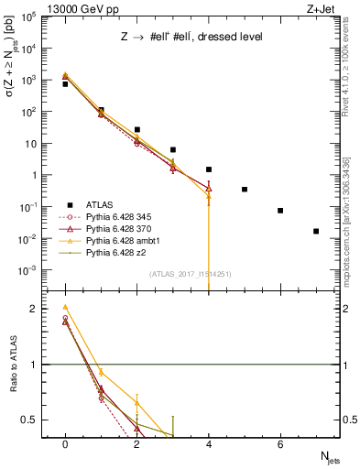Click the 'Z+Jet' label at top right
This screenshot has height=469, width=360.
(x=322, y=8)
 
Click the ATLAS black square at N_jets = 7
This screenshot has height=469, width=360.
(x=316, y=231)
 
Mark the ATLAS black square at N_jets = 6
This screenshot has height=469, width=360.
(x=280, y=211)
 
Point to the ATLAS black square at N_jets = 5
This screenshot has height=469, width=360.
(x=245, y=190)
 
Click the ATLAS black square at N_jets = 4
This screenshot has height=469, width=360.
(x=209, y=169)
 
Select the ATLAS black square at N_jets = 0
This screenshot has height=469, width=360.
(x=65, y=84)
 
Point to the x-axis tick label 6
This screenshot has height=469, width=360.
(x=280, y=444)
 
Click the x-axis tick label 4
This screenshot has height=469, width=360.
(x=209, y=444)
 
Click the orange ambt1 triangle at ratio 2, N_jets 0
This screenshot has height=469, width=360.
(x=65, y=308)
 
